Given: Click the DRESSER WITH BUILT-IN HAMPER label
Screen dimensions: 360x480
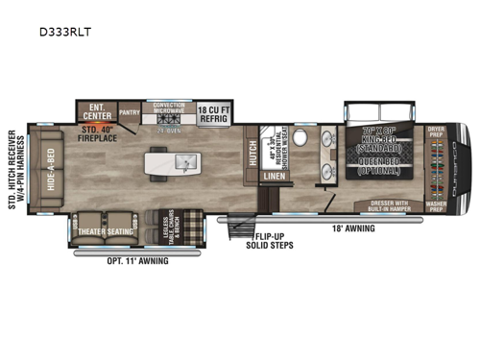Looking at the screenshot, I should coord(389,204).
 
